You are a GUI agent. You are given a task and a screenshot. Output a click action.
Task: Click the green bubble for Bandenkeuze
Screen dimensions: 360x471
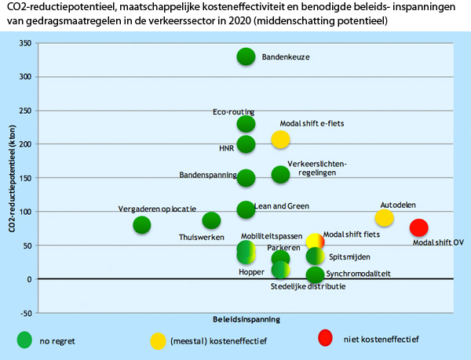(x=246, y=56)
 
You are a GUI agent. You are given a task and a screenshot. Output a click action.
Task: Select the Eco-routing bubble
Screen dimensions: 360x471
(x=246, y=124)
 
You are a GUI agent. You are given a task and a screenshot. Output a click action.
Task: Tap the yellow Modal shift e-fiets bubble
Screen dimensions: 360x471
(x=280, y=140)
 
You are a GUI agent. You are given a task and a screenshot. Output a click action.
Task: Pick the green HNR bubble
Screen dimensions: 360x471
(x=246, y=144)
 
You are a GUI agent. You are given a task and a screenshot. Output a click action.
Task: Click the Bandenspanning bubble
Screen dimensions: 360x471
(x=246, y=178)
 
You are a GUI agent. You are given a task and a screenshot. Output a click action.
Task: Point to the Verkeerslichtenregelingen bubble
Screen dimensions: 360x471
(x=280, y=174)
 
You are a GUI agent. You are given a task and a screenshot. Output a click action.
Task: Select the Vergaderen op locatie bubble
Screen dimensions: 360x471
(x=142, y=225)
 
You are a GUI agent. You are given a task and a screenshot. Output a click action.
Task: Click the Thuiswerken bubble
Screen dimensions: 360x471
(x=211, y=221)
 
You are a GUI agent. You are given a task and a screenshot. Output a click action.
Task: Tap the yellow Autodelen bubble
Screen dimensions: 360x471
(x=384, y=218)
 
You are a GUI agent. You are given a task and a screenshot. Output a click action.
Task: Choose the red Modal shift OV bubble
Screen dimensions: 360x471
(x=418, y=227)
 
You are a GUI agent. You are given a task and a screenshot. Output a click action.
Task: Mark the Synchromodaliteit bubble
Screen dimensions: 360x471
(x=315, y=275)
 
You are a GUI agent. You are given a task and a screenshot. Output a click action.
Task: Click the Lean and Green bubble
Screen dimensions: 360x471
(x=246, y=209)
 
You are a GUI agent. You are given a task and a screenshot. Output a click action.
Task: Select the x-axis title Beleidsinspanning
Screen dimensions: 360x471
(x=246, y=320)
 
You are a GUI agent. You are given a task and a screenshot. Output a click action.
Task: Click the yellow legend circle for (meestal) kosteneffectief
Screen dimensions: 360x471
(x=158, y=340)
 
